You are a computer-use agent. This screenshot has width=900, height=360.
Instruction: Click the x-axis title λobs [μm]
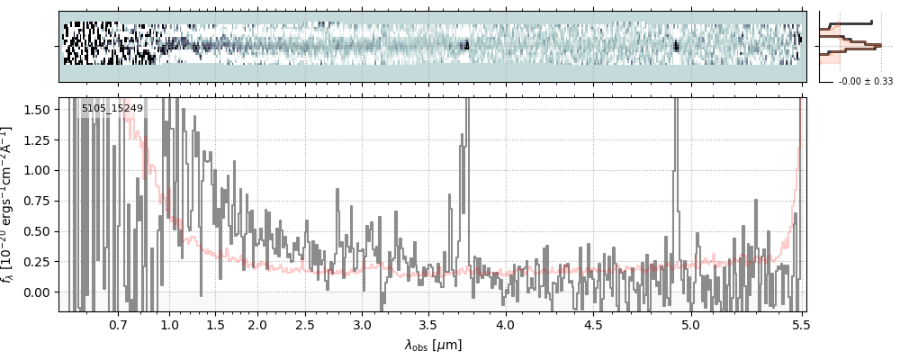pyautogui.click(x=433, y=345)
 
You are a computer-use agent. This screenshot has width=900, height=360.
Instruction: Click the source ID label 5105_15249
pyautogui.click(x=112, y=109)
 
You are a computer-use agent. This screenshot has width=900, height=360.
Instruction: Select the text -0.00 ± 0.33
pyautogui.click(x=865, y=81)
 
